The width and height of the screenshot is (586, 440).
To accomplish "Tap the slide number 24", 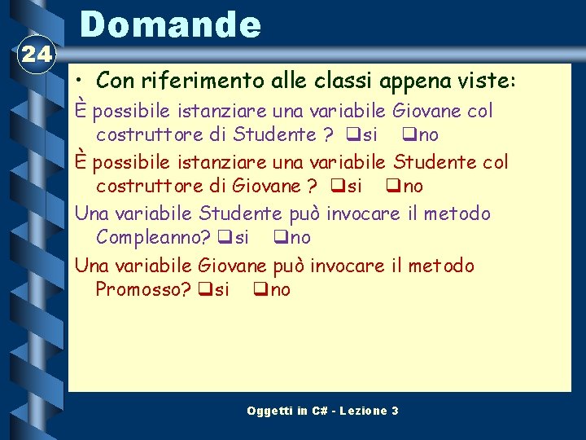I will coord(35,55).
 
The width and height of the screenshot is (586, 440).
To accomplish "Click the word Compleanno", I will coord(153,237).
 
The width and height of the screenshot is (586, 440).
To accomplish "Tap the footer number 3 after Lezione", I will coord(395,411).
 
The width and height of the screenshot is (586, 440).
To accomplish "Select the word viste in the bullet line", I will coord(487,81).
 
